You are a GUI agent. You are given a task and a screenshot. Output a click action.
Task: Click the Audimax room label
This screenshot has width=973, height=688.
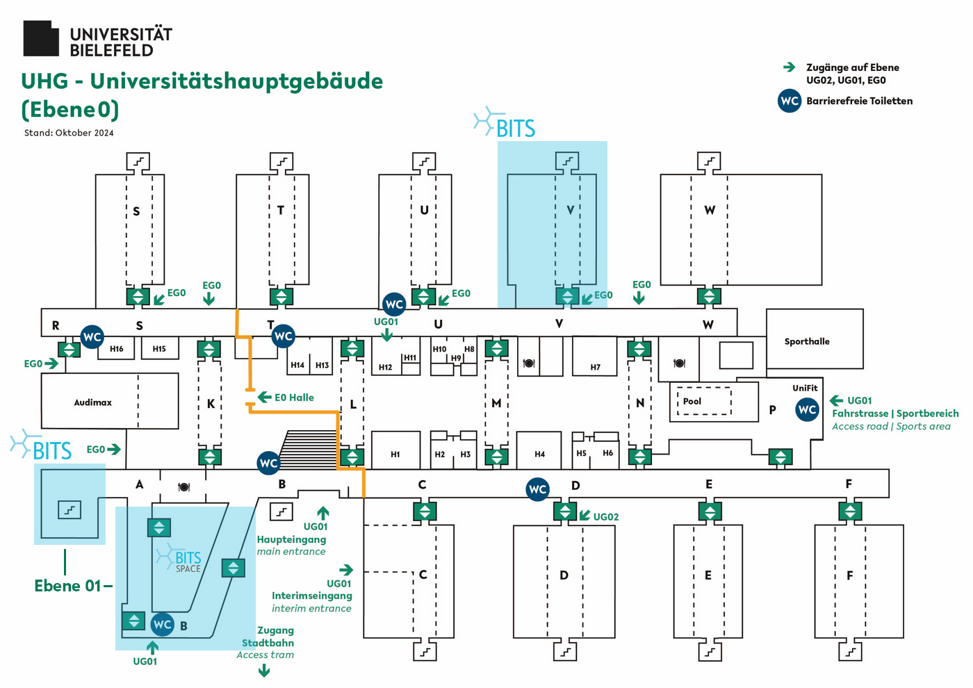tap(92, 402)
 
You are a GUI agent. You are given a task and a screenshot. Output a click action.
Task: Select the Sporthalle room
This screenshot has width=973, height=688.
tap(806, 341)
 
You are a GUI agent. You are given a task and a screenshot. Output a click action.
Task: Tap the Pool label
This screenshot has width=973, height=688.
tap(692, 401)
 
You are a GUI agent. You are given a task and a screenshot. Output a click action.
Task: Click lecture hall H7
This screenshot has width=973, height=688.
tap(595, 367)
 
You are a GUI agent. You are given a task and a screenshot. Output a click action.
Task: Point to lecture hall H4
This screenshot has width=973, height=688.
tap(539, 454)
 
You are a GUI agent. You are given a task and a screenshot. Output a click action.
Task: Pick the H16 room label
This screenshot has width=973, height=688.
tap(116, 349)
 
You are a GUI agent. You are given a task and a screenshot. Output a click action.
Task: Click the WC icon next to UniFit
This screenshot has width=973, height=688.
tap(807, 409)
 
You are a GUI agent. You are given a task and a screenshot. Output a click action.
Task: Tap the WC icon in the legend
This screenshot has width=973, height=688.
tap(790, 101)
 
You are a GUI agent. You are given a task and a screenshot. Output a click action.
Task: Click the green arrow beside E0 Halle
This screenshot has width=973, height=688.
tap(264, 397)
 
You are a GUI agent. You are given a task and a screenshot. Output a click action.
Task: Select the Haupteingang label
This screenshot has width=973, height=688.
tap(291, 539)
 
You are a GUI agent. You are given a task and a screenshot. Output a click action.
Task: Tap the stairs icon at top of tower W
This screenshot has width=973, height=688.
tap(709, 161)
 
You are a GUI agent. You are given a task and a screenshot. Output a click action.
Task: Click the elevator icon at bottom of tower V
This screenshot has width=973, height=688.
tap(567, 296)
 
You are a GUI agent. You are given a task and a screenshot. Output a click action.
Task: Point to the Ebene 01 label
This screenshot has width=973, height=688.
tap(67, 586)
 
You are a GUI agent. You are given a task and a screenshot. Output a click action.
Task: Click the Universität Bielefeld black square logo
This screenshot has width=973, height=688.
tap(41, 38)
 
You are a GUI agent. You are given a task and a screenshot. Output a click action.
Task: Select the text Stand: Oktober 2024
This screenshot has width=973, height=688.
tap(69, 133)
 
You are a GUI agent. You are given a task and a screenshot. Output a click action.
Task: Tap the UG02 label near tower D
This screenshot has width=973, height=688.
tap(605, 517)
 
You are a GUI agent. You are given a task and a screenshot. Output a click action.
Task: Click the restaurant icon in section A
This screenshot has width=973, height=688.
tap(183, 486)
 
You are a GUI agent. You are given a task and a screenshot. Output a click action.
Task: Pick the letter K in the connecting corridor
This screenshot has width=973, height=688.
tap(211, 404)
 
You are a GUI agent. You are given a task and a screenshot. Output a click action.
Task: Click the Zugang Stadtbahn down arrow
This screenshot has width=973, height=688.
tap(264, 671)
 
